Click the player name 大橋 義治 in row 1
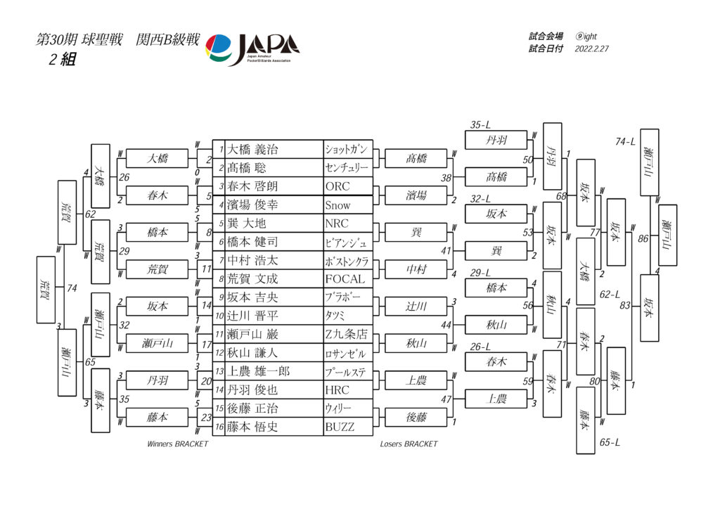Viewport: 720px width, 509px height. tap(253, 150)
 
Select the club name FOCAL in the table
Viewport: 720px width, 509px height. tap(345, 279)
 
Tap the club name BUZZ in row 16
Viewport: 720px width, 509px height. tap(340, 427)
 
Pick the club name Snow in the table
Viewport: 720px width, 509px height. tap(337, 205)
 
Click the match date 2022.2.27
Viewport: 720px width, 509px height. tap(592, 49)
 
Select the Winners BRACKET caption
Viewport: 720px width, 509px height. tap(177, 444)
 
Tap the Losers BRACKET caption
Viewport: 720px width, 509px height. tap(409, 444)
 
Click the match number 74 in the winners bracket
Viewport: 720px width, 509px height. tap(72, 288)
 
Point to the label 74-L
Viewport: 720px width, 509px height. tap(625, 142)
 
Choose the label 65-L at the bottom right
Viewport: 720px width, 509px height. tap(610, 442)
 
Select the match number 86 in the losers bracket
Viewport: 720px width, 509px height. tap(643, 239)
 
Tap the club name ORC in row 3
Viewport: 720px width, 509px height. tap(337, 187)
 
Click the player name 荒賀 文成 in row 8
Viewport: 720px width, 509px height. tap(252, 279)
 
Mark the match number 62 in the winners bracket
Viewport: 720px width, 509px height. tap(90, 214)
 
